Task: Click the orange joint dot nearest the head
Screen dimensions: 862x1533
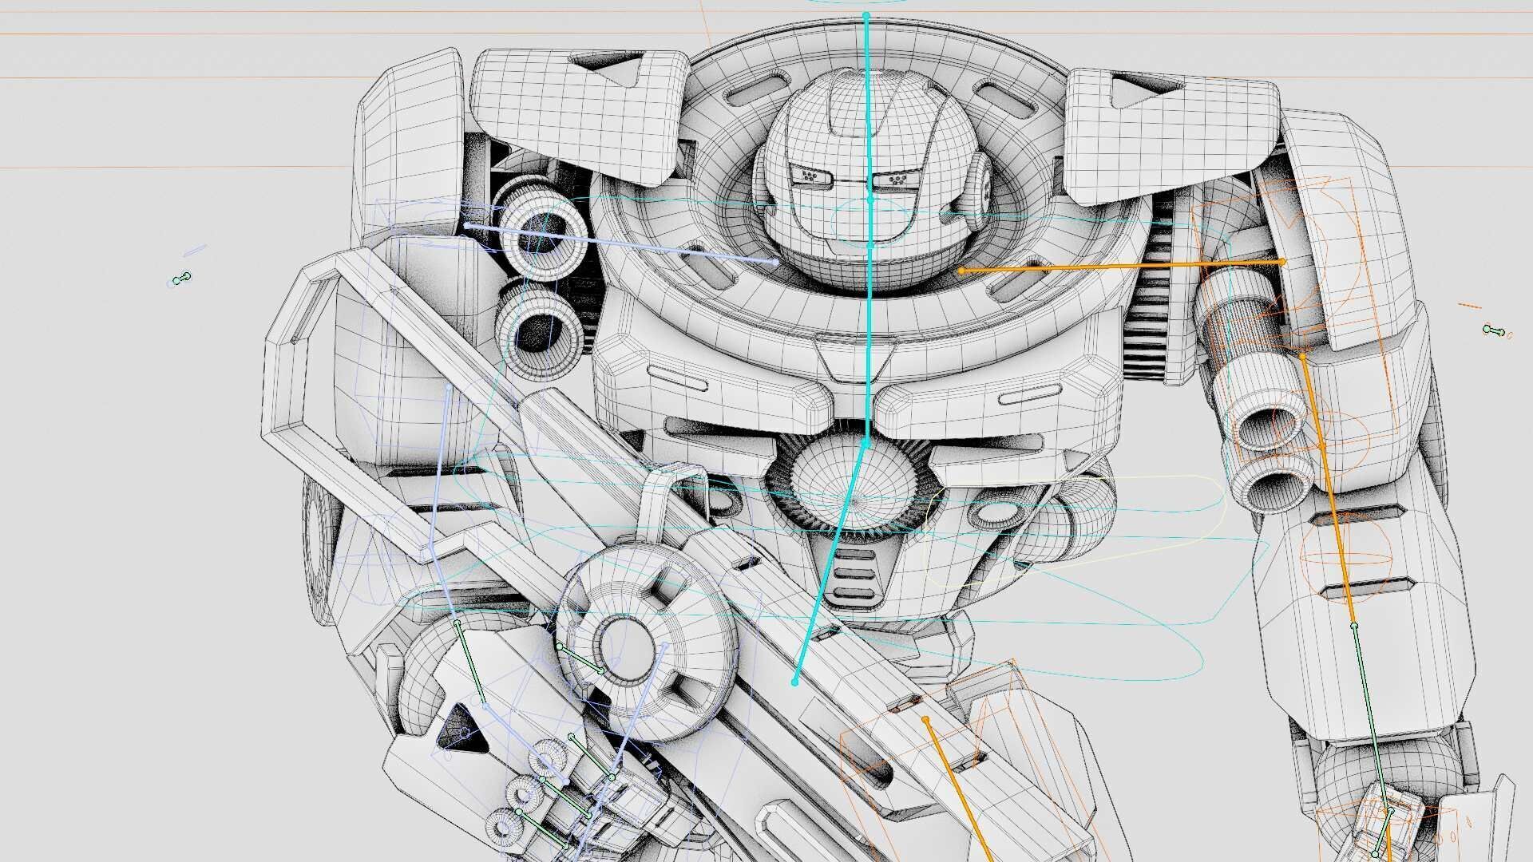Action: point(961,271)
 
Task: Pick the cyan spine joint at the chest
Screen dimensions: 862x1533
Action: point(866,441)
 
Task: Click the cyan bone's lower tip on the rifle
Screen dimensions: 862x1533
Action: point(794,682)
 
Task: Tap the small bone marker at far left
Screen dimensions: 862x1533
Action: point(182,278)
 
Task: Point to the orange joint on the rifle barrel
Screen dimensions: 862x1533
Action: point(925,719)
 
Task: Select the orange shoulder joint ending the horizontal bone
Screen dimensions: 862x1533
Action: point(1282,261)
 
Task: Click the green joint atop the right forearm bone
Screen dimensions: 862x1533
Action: point(1354,626)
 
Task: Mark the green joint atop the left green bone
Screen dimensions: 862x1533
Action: point(458,623)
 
